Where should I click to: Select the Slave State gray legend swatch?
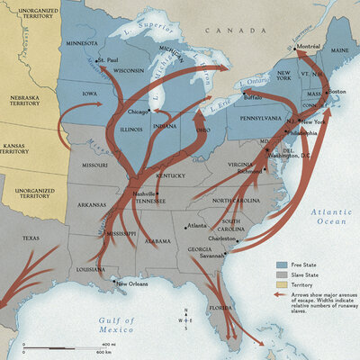pyautogui.click(x=280, y=276)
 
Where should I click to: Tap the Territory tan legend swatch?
pyautogui.click(x=280, y=286)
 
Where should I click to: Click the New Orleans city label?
pyautogui.click(x=133, y=283)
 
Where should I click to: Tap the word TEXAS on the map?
pyautogui.click(x=31, y=238)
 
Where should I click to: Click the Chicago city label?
pyautogui.click(x=138, y=112)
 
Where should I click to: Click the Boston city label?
pyautogui.click(x=337, y=92)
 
